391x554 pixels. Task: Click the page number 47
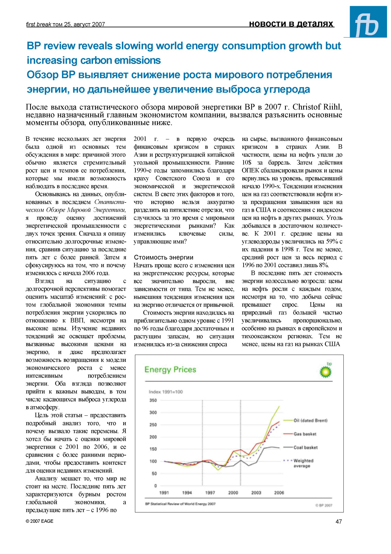click(338, 522)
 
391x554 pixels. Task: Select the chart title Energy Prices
click(170, 370)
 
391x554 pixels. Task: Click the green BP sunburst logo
click(325, 372)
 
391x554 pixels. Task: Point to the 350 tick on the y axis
click(153, 400)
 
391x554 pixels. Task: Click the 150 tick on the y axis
click(153, 449)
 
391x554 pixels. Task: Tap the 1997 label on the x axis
click(210, 493)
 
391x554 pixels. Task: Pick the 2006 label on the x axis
click(279, 493)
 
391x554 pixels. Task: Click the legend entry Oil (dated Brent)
click(310, 420)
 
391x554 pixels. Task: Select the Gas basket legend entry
click(305, 434)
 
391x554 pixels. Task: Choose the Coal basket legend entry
click(305, 447)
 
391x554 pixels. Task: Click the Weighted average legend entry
click(303, 463)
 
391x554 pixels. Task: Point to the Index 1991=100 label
click(166, 392)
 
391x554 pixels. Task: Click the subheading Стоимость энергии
click(164, 257)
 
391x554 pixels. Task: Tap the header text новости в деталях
click(291, 24)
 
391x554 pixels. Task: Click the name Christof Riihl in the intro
click(317, 107)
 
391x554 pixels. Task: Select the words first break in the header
click(38, 24)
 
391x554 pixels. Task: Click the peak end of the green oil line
click(279, 406)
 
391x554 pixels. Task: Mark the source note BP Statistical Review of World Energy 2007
click(180, 504)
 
